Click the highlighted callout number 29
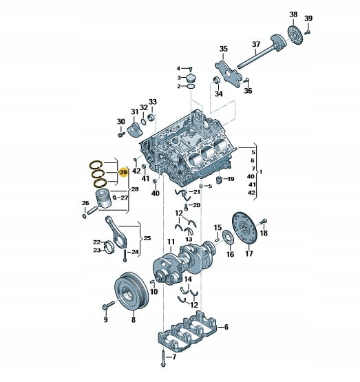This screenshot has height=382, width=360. pyautogui.click(x=123, y=173)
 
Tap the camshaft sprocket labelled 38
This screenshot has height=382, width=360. pyautogui.click(x=295, y=36)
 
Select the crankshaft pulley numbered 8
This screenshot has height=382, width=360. pyautogui.click(x=131, y=292)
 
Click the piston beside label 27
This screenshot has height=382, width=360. pyautogui.click(x=103, y=198)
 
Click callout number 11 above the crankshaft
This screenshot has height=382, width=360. pyautogui.click(x=171, y=242)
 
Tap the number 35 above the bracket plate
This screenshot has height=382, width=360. pyautogui.click(x=223, y=49)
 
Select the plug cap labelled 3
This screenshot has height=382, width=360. pyautogui.click(x=191, y=78)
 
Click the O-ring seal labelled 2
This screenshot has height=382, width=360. pyautogui.click(x=191, y=87)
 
